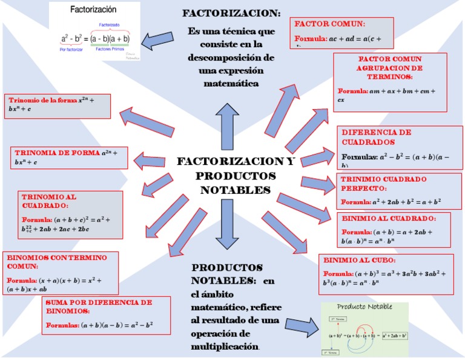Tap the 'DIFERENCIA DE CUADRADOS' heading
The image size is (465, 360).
[376, 137]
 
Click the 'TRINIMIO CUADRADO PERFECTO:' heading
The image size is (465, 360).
[383, 184]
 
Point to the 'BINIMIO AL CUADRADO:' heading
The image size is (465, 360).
[388, 218]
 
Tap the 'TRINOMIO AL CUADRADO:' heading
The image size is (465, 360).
[50, 201]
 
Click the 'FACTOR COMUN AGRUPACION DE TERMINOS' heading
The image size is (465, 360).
[390, 68]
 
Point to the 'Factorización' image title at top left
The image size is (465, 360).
[94, 10]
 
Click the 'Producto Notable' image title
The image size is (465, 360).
[364, 307]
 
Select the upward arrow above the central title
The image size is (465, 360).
[227, 125]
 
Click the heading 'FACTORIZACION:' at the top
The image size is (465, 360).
[231, 13]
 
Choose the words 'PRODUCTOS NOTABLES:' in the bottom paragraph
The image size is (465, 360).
[226, 274]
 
